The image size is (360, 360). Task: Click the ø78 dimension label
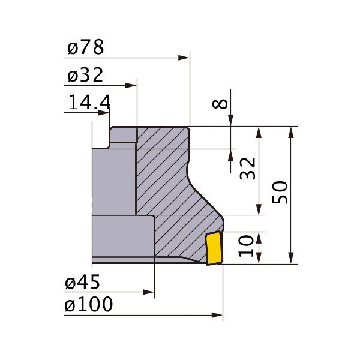[x=86, y=47]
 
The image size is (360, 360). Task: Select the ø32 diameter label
[x=85, y=75]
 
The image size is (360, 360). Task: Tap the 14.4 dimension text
[x=89, y=102]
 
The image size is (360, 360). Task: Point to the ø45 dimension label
[x=82, y=281]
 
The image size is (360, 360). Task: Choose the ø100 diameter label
[x=89, y=304]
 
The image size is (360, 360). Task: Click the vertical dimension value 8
[x=220, y=104]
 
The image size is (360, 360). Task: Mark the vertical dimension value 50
[x=280, y=193]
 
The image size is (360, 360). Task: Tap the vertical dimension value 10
[x=246, y=246]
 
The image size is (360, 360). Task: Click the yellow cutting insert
[x=214, y=248]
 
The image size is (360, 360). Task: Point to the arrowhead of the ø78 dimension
[x=184, y=58]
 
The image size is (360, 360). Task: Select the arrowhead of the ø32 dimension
[x=131, y=86]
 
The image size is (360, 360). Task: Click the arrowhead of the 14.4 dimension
[x=104, y=113]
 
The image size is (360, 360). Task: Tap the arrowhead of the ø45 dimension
[x=149, y=292]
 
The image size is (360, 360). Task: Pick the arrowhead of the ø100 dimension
[x=217, y=315]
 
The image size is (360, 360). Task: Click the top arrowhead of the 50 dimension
[x=291, y=132]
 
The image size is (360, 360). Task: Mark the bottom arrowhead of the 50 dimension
[x=291, y=258]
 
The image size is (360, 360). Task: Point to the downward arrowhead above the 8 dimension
[x=230, y=121]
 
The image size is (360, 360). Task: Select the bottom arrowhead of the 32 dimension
[x=259, y=209]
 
